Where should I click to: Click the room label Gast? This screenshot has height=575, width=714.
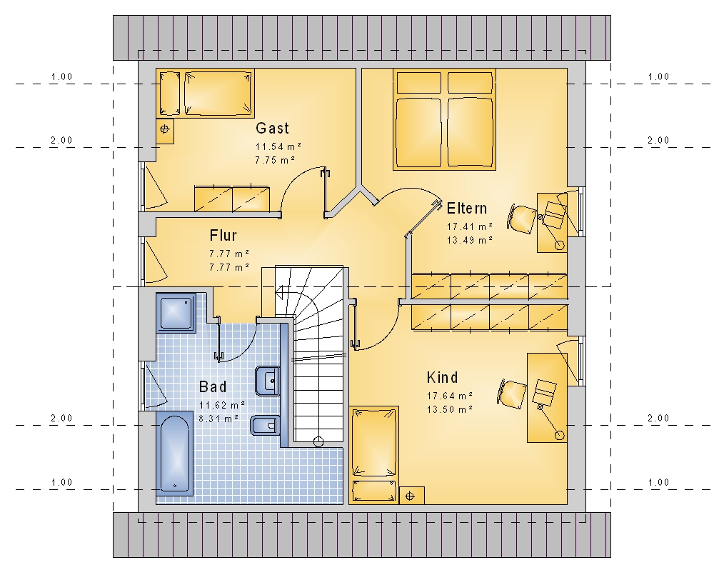[x=272, y=128]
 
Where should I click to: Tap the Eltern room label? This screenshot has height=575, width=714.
[x=467, y=209]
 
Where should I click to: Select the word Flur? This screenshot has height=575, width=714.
[x=223, y=236]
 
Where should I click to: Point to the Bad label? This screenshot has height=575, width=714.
[x=213, y=387]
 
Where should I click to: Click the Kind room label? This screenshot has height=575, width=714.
[x=442, y=378]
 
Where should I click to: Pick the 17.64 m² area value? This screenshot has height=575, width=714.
[x=450, y=396]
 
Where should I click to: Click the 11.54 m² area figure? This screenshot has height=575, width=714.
[x=278, y=146]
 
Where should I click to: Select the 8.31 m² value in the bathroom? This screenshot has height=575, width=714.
[x=219, y=419]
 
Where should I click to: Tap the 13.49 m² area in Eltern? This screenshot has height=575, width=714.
[x=470, y=240]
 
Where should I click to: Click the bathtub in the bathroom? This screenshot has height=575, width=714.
[x=175, y=454]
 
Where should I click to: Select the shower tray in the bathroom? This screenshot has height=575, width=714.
[x=176, y=313]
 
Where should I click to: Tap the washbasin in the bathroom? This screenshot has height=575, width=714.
[x=268, y=381]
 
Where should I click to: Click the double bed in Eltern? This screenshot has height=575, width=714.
[x=444, y=119]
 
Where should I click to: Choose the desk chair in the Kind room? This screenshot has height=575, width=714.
[x=512, y=394]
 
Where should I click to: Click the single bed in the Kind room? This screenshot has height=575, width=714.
[x=374, y=455]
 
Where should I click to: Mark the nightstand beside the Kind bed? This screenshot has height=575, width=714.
[x=412, y=495]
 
